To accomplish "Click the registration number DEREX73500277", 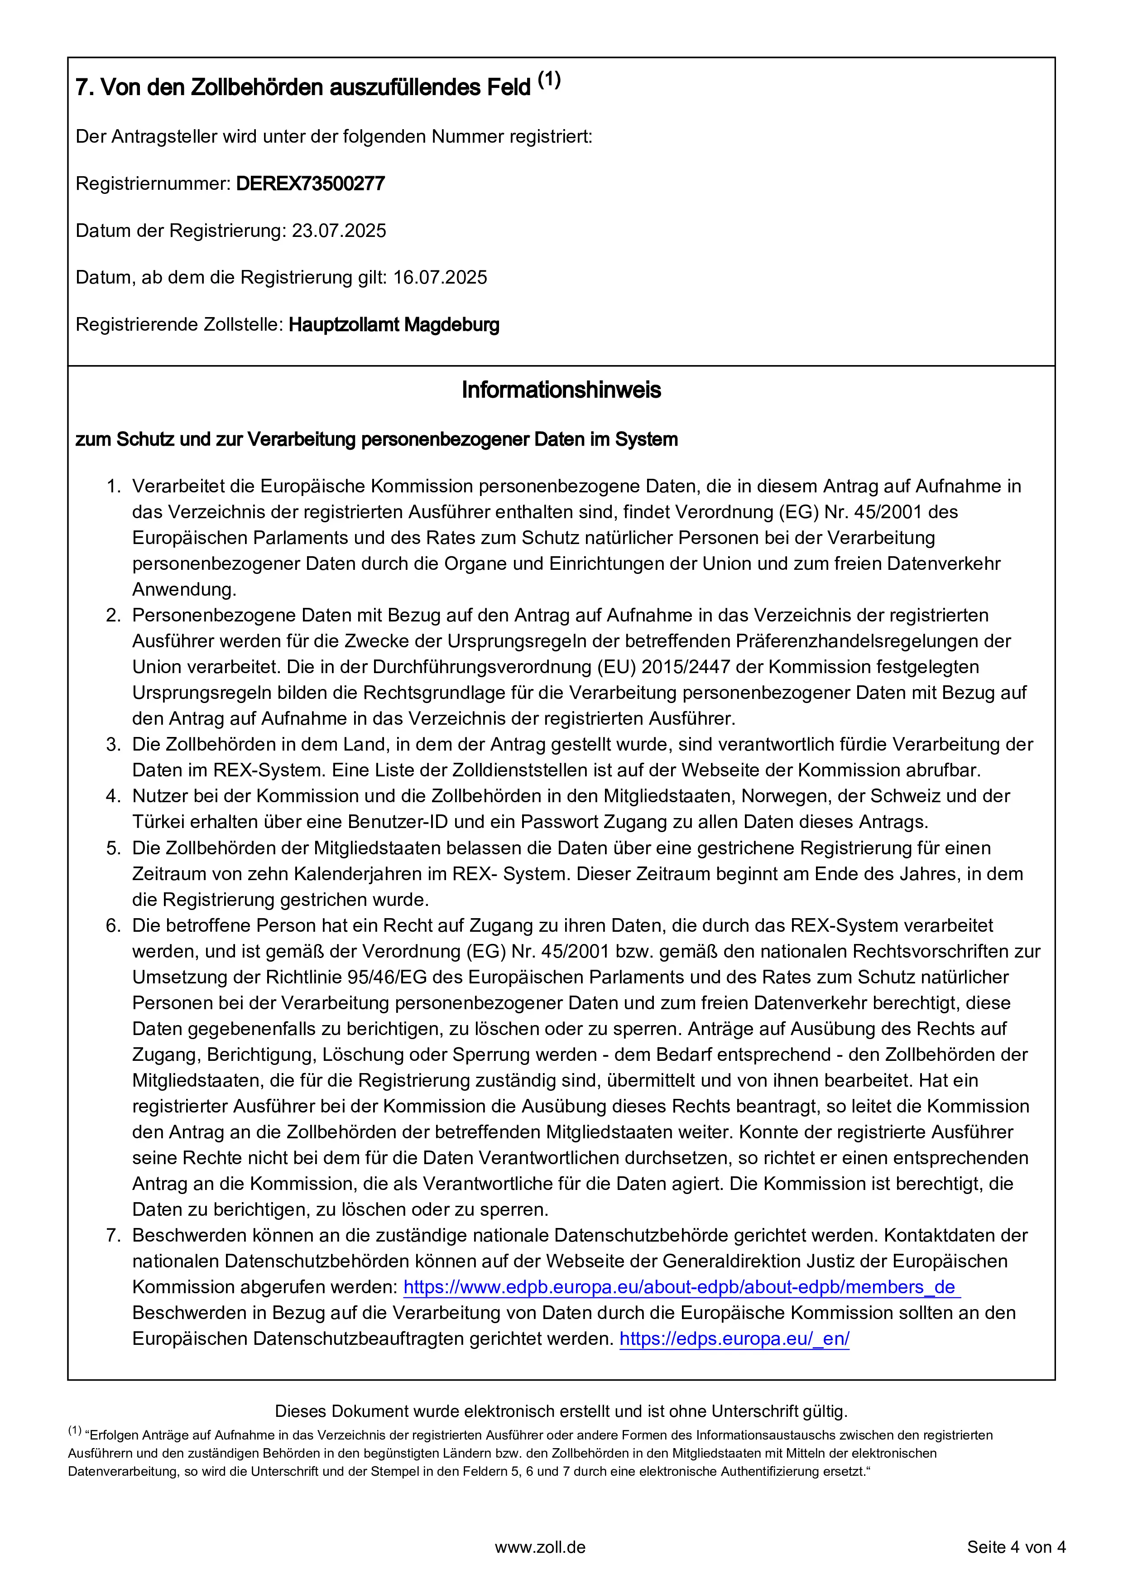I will [310, 184].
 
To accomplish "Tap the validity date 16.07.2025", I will [440, 278].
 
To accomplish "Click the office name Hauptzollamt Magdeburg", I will [394, 325].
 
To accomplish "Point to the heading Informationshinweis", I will [561, 390].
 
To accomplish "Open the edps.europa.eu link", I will [734, 1339].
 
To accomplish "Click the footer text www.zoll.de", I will [540, 1547].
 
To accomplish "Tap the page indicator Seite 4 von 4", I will [1016, 1547].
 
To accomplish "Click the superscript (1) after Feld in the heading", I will [549, 80].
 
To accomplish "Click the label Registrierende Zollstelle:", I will [179, 325].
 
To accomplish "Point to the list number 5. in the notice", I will [114, 848].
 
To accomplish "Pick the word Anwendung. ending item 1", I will [184, 590].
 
